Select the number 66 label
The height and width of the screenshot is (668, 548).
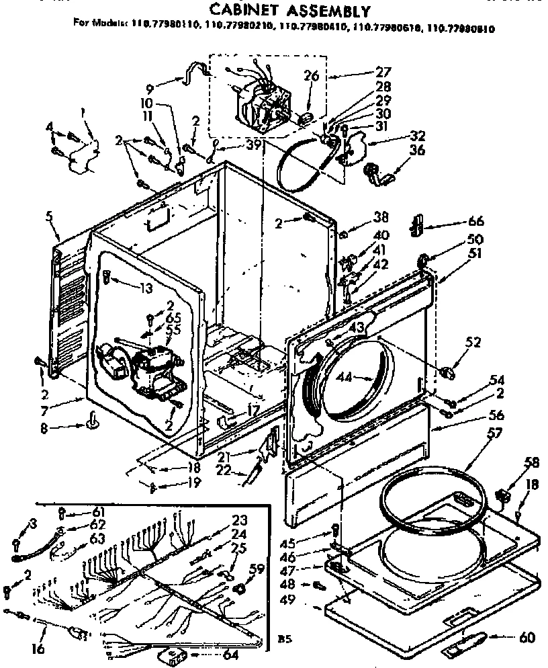coord(457,221)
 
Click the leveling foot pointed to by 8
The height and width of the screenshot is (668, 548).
coord(91,422)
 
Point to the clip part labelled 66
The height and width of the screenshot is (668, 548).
coord(416,225)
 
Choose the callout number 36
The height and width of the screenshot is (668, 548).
coord(417,152)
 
